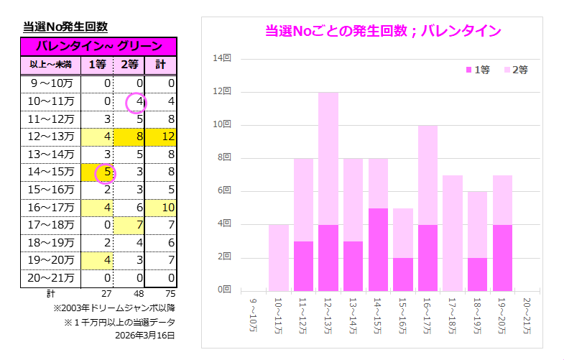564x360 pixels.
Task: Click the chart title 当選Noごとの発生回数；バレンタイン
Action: coord(383,31)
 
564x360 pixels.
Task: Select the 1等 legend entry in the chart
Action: coord(478,70)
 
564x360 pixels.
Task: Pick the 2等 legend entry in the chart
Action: coord(516,70)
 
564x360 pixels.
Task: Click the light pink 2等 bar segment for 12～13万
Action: coord(328,158)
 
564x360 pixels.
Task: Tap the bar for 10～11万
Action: coord(278,257)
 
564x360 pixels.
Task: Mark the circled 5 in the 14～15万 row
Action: coord(106,172)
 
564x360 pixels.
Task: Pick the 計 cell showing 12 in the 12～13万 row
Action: coord(161,137)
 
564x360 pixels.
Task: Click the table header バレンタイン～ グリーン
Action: coord(98,46)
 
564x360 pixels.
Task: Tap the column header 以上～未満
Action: coord(50,65)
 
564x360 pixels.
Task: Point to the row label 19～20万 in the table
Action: coord(51,259)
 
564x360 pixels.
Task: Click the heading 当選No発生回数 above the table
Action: coord(65,27)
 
